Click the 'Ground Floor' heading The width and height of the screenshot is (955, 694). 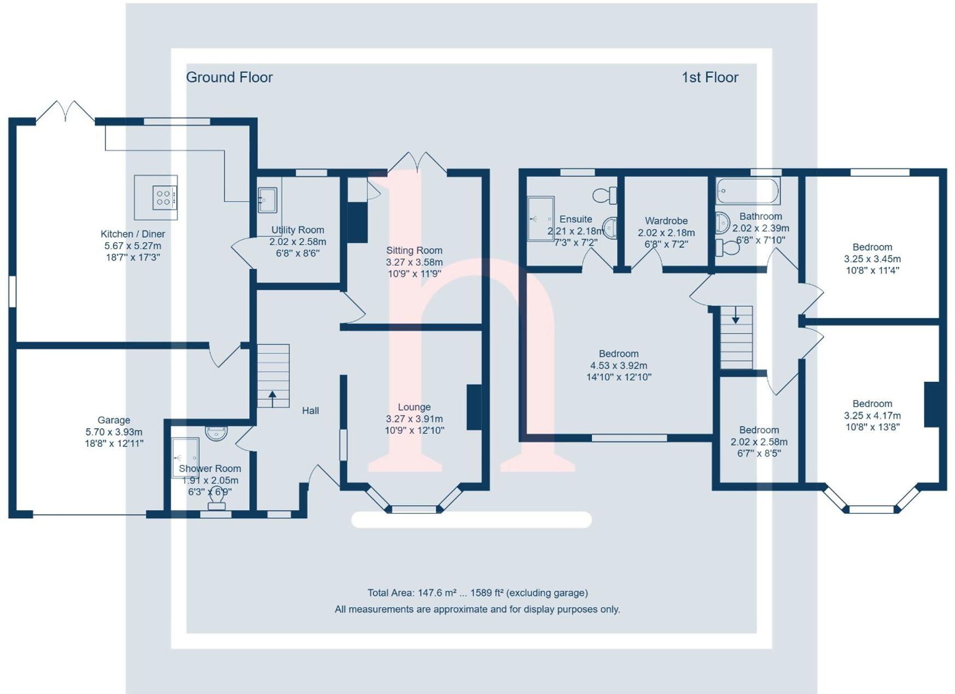[229, 78]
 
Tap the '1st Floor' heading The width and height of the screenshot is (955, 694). [709, 78]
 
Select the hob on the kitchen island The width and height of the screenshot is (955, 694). [164, 197]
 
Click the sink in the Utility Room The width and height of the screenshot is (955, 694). [267, 200]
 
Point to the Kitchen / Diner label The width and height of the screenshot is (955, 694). [133, 234]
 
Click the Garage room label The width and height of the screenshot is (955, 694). [114, 420]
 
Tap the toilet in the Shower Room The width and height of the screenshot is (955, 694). [217, 499]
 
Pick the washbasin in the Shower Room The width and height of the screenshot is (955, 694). [216, 433]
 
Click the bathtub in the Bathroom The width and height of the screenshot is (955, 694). [747, 191]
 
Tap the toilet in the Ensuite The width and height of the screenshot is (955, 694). [605, 195]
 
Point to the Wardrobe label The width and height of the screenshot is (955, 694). [666, 221]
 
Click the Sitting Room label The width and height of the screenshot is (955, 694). [414, 250]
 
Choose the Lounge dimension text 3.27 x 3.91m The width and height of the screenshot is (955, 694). [414, 419]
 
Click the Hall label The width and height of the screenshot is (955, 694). [311, 411]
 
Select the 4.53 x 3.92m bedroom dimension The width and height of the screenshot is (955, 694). [619, 365]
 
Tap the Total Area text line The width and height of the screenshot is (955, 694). [478, 593]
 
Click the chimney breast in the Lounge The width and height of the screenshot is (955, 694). [474, 407]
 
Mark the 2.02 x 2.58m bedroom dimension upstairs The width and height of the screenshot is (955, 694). [759, 442]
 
